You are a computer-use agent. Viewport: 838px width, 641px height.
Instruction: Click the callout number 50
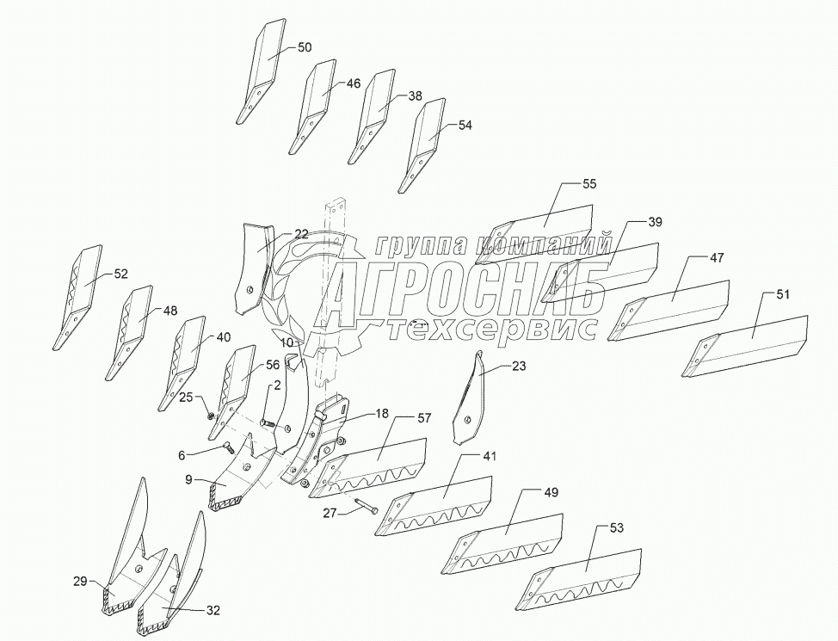click(305, 48)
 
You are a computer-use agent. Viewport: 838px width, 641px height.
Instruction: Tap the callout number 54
click(465, 126)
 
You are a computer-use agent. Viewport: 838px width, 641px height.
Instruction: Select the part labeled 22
click(251, 267)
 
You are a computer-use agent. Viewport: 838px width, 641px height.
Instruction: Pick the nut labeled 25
click(212, 413)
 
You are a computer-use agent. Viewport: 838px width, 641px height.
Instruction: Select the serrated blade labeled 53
click(585, 575)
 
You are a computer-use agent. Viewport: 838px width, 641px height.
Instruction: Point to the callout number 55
click(589, 184)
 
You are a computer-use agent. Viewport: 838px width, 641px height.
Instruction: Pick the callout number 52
click(120, 274)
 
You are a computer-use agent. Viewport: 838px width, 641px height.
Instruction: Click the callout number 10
click(287, 342)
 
